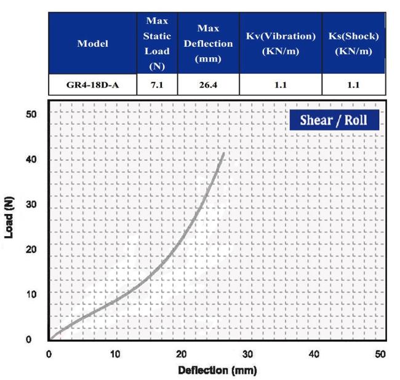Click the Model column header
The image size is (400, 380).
coord(92,44)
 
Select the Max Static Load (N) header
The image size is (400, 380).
coord(156,44)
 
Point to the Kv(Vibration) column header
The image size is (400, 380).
coord(280,44)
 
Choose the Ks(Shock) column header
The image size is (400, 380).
coord(353,44)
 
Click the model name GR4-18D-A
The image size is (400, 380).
coord(92,85)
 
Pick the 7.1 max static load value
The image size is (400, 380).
coord(156,85)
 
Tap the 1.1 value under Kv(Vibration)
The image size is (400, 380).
coord(280,85)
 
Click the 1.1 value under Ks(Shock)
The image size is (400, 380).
coord(353,85)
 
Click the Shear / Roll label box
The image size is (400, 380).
coord(333,120)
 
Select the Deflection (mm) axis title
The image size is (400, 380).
coord(217,371)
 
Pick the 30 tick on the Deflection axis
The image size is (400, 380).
coord(248,354)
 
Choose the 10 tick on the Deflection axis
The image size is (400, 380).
coord(115,354)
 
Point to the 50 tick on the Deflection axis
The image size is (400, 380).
coord(381,354)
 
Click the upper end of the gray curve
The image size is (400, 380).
coord(223,152)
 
